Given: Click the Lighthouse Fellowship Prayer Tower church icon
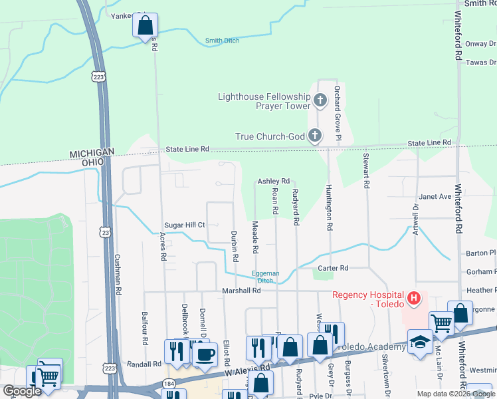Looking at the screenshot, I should click(x=320, y=101).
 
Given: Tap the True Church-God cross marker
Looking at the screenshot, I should click(x=315, y=136).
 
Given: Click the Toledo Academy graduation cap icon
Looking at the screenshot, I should click(x=419, y=342).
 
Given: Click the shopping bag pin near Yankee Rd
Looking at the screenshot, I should click(x=145, y=26).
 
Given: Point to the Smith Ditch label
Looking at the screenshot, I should click(x=222, y=41).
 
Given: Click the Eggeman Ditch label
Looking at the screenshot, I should click(x=265, y=277).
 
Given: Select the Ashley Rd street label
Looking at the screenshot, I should click(x=274, y=181).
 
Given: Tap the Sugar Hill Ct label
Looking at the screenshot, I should click(x=184, y=225).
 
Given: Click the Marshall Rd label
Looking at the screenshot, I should click(x=241, y=291).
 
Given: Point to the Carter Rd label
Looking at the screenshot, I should click(x=333, y=268).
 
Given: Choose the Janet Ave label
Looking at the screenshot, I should click(x=435, y=197).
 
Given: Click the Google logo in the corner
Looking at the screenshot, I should click(x=22, y=391).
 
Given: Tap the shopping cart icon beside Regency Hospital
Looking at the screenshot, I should click(x=441, y=323).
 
